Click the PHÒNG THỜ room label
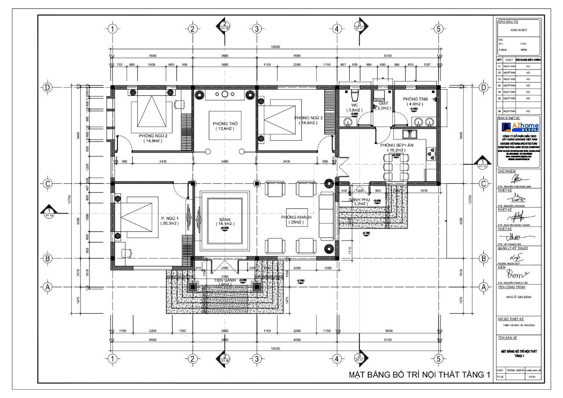click(x=225, y=124)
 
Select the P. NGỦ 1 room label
click(x=170, y=218)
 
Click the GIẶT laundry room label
click(x=383, y=103)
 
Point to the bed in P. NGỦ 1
click(x=137, y=217)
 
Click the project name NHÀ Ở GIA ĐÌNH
click(x=519, y=297)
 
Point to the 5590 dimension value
click(x=388, y=331)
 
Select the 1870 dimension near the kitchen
click(x=424, y=191)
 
